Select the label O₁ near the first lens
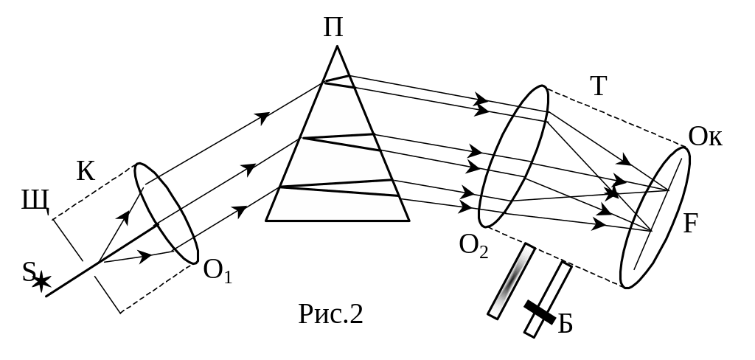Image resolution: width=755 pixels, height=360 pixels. pyautogui.click(x=218, y=274)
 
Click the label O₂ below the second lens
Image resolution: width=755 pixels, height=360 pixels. pyautogui.click(x=473, y=246)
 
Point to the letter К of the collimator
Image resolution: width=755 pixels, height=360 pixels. pyautogui.click(x=86, y=171)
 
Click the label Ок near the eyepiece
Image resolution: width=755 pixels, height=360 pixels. pyautogui.click(x=706, y=138)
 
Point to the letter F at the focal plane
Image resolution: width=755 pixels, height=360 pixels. pyautogui.click(x=690, y=223)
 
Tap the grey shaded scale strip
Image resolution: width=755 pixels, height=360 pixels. pyautogui.click(x=510, y=280)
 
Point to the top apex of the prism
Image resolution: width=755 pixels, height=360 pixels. pyautogui.click(x=338, y=49)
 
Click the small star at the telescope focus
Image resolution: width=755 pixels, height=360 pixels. pyautogui.click(x=611, y=193)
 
